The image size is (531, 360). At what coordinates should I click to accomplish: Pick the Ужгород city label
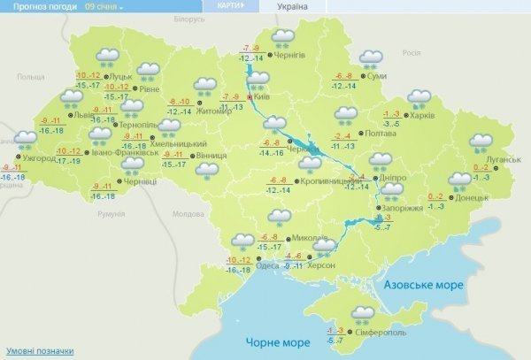pyautogui.click(x=39, y=157)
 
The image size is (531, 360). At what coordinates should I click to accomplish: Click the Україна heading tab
pyautogui.click(x=292, y=6)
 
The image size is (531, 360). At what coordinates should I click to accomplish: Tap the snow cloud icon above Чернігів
pyautogui.click(x=283, y=37)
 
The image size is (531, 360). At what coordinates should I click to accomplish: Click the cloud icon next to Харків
pyautogui.click(x=419, y=97)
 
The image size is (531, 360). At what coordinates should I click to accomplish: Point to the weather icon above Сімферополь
pyautogui.click(x=363, y=313)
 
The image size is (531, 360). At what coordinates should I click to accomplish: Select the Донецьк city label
pyautogui.click(x=472, y=198)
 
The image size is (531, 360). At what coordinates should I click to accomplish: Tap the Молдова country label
pyautogui.click(x=188, y=214)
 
